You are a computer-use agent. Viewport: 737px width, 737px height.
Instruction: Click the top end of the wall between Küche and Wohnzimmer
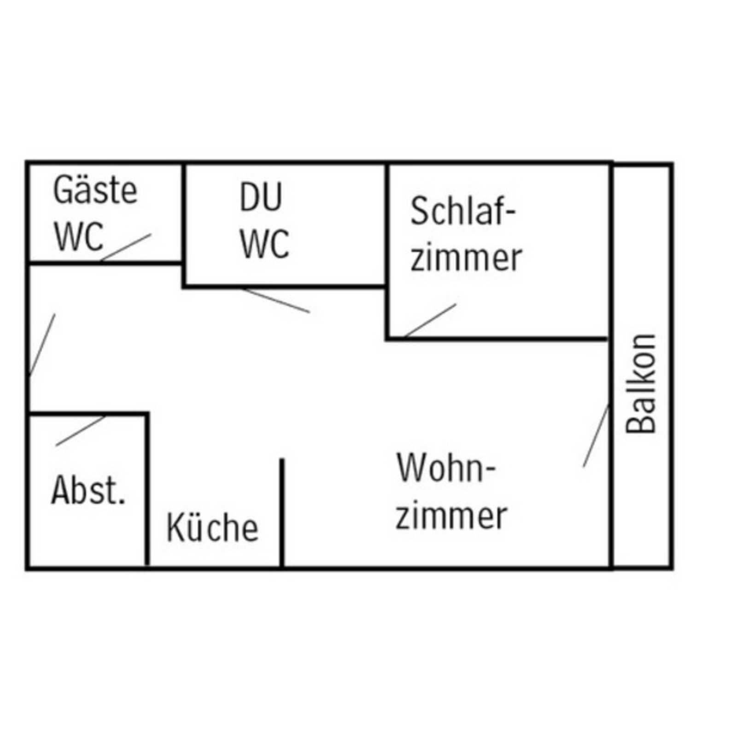(x=282, y=459)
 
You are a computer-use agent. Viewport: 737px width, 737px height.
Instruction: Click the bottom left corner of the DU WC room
(x=184, y=287)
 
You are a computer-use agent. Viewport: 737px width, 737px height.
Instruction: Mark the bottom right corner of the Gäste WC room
(x=182, y=263)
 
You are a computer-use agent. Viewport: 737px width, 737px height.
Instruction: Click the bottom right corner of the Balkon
(x=671, y=568)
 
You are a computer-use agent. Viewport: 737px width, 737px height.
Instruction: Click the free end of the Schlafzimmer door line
(x=456, y=304)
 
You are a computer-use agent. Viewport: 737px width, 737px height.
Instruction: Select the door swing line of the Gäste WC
(x=126, y=247)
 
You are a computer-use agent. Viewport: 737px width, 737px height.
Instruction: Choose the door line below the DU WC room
(x=275, y=300)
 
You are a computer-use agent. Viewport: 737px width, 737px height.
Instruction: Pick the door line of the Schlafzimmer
(x=430, y=321)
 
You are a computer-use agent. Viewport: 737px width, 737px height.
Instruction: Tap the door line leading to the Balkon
(x=596, y=436)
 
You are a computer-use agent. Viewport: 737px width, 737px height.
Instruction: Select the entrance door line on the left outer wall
(x=42, y=345)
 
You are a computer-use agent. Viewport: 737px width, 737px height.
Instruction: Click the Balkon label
(x=640, y=384)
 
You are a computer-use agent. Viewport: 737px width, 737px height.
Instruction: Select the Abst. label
(x=88, y=490)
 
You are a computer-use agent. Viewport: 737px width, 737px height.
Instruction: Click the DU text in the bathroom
(x=261, y=197)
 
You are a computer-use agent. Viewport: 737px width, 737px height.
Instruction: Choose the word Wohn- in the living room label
(x=446, y=468)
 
